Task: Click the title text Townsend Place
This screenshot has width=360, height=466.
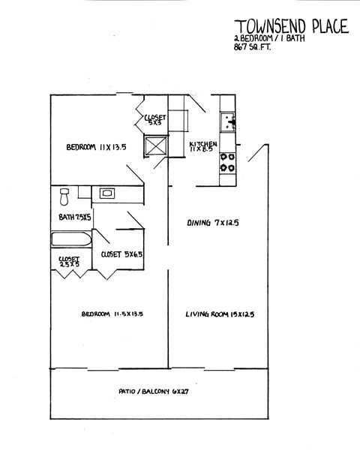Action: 291,26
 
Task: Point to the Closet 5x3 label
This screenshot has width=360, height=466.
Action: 155,119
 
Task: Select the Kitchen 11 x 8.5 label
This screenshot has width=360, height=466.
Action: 203,147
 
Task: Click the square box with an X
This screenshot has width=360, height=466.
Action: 156,146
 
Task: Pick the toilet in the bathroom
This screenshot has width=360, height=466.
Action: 64,197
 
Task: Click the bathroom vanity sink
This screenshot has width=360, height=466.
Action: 107,194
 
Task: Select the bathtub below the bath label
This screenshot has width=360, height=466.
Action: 70,242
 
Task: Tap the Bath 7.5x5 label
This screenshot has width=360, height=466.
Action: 74,218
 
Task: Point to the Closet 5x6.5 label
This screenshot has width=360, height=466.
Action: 121,254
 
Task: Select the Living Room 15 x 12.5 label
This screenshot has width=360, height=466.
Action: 220,314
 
